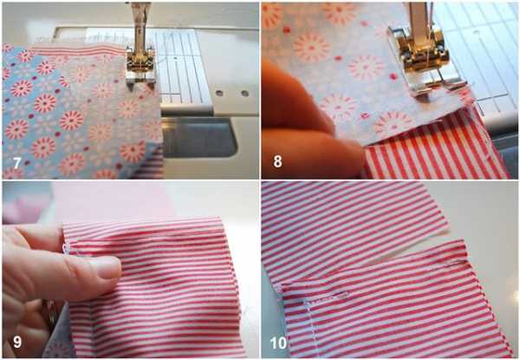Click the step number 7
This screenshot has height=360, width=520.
(17, 163)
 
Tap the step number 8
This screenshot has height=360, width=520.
(277, 161)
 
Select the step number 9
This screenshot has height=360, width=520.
(17, 342)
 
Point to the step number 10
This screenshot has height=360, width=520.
(278, 343)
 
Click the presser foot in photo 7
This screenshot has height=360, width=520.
(140, 66)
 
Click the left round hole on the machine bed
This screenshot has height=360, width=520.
(219, 93)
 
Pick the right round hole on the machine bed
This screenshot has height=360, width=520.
(244, 93)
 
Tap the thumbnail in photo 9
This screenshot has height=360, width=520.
(106, 267)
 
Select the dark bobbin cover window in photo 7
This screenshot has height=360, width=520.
(199, 137)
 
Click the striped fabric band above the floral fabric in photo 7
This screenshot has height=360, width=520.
(79, 49)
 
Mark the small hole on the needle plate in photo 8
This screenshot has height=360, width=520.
(476, 32)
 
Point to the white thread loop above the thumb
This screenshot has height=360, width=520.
(65, 248)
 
